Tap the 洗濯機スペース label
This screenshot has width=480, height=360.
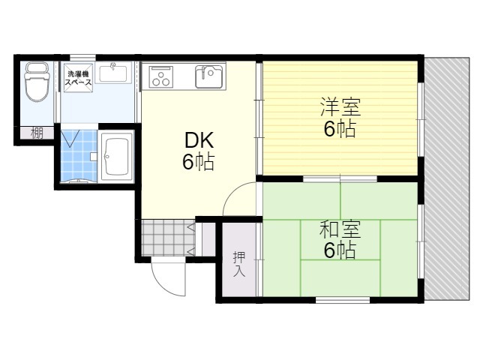(78, 77)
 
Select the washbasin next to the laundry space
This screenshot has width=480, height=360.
(113, 73)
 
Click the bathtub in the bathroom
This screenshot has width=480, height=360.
(116, 155)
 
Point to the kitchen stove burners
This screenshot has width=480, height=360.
(161, 76)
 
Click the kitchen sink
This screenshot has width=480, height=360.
(208, 76)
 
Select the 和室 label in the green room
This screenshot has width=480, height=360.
(340, 227)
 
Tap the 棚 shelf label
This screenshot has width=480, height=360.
(36, 134)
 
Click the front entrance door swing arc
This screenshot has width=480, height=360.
(166, 278)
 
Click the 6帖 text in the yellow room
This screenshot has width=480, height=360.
(340, 129)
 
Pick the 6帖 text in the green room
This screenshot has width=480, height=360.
(340, 250)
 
